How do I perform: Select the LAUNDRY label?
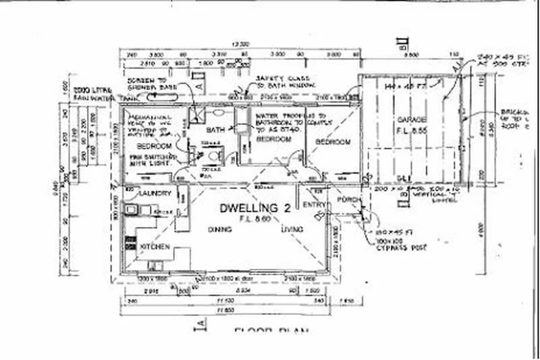click(x=155, y=194)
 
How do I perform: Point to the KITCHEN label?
click(x=155, y=247)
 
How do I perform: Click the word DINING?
click(x=220, y=230)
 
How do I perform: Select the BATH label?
click(x=215, y=129)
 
